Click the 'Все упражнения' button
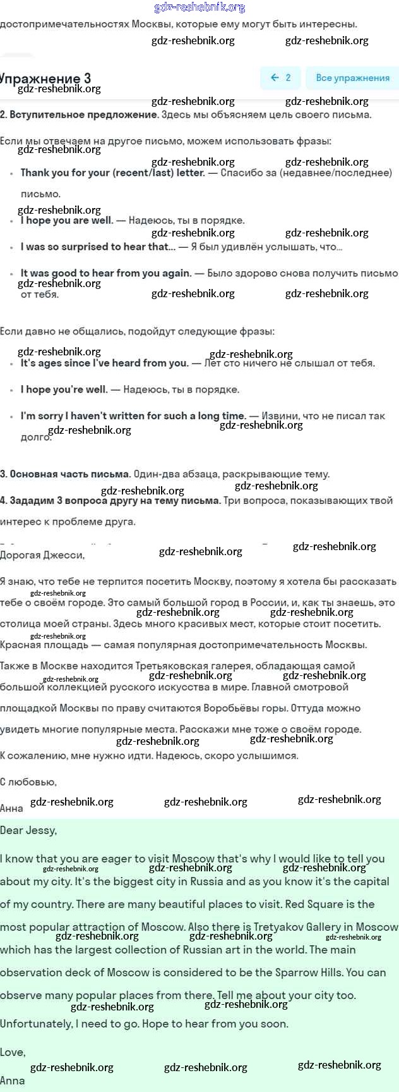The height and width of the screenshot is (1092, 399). pos(352,78)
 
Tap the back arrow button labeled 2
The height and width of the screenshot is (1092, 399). pos(280,78)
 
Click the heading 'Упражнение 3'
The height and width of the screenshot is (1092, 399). pos(45,78)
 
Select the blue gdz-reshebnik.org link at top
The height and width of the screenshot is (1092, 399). pos(199,8)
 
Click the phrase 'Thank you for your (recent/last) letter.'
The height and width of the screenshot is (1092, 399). pos(113,173)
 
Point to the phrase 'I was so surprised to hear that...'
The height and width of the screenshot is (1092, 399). pos(98,247)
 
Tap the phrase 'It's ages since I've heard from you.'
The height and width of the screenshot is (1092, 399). pos(104,363)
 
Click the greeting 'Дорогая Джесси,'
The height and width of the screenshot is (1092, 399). pos(42,555)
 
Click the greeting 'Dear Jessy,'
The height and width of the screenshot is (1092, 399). pos(28,830)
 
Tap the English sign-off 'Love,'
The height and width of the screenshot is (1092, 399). pos(13,1052)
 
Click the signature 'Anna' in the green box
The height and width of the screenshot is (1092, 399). pos(13,1081)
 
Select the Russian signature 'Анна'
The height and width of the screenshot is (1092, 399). pos(11,808)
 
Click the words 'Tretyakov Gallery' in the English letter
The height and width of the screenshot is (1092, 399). pos(294,927)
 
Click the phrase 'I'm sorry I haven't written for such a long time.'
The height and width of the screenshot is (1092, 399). pos(133,416)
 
